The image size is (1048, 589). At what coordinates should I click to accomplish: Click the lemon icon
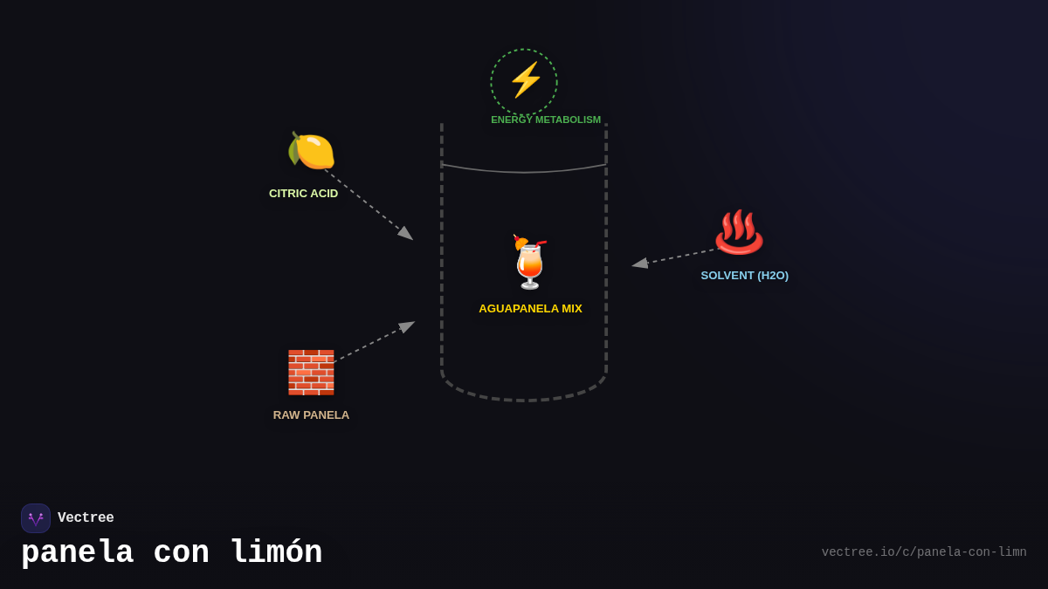click(311, 150)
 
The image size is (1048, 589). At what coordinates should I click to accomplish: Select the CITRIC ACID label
click(303, 194)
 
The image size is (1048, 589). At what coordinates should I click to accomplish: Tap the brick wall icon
click(311, 373)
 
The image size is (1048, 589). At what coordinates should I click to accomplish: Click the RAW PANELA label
click(311, 415)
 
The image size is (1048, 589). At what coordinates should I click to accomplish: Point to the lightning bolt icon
click(525, 80)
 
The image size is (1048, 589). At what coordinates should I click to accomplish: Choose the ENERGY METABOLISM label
click(546, 120)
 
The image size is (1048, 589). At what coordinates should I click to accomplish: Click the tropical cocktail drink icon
click(530, 262)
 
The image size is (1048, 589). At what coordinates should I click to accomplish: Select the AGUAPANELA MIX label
click(530, 309)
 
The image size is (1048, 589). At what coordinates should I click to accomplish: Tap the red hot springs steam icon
click(739, 232)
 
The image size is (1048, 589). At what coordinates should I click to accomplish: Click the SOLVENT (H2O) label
click(744, 276)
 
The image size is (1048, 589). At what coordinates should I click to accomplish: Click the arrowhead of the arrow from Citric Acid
click(406, 234)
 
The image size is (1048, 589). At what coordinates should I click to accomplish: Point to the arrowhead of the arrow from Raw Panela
click(408, 326)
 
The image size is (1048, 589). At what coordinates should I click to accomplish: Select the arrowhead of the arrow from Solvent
click(639, 263)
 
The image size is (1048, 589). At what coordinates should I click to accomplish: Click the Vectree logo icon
click(36, 518)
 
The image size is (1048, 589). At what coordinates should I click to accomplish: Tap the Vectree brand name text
click(86, 518)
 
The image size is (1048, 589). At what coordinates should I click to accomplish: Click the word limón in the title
click(276, 553)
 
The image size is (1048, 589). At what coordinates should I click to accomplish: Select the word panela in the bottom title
click(77, 553)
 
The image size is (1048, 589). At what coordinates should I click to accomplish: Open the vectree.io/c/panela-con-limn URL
click(923, 552)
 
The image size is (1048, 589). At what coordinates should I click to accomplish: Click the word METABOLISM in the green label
click(568, 120)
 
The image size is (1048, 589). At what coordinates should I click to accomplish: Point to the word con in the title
click(181, 553)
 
